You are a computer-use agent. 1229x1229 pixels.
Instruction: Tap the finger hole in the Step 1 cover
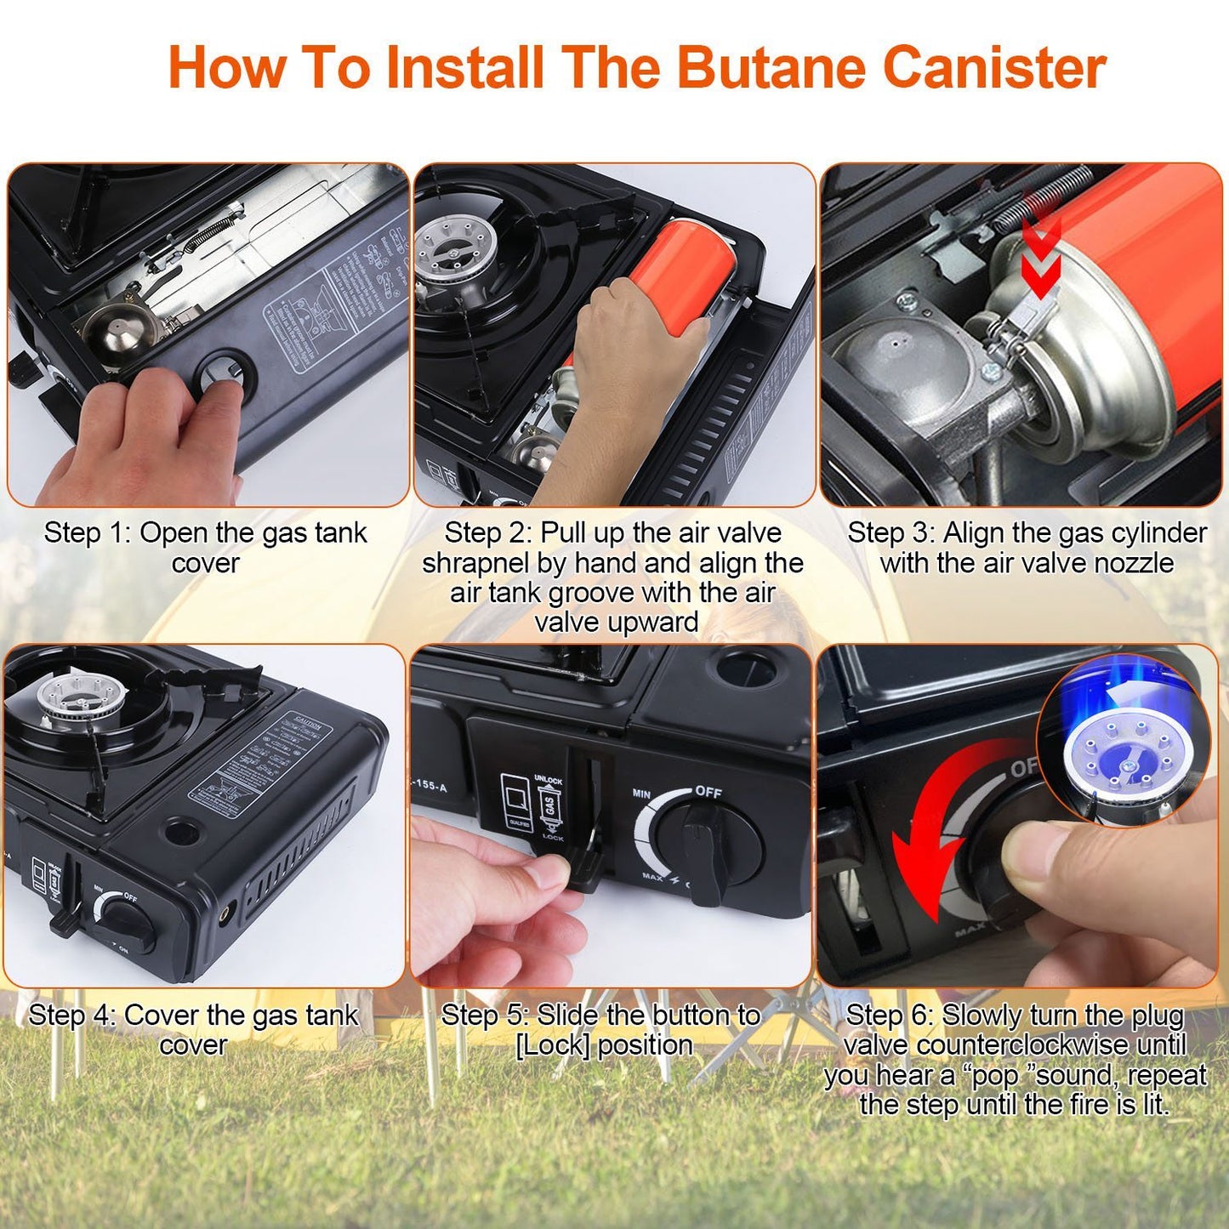[x=227, y=375]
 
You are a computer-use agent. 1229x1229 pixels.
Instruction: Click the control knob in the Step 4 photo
[x=128, y=923]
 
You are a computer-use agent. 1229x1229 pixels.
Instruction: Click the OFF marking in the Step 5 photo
[x=708, y=792]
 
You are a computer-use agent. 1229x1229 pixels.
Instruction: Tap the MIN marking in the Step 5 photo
[x=641, y=794]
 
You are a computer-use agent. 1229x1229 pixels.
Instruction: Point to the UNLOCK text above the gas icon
[x=548, y=780]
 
